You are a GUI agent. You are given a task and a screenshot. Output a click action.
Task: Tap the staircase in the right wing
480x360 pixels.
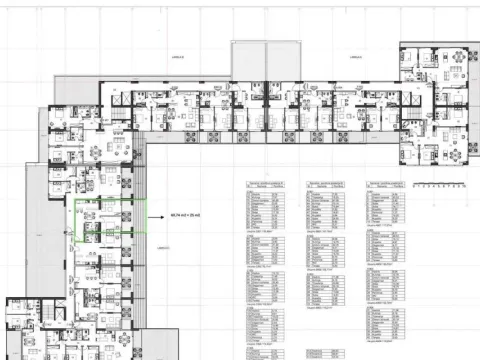[x=409, y=110]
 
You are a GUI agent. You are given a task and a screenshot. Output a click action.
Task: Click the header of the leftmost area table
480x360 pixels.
[x=265, y=186]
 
